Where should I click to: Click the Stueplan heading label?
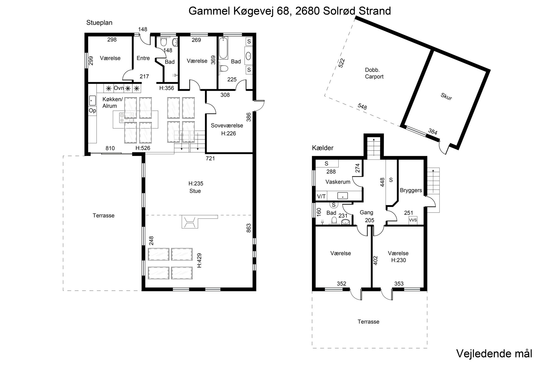coord(99,23)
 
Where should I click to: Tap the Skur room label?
coord(446,97)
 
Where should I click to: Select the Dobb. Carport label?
coord(374,73)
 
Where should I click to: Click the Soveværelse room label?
coord(227,125)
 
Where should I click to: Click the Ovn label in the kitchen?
coord(119,88)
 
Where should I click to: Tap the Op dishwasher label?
coord(92,111)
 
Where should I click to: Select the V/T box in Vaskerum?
coord(321,197)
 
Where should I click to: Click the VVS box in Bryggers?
coord(413,220)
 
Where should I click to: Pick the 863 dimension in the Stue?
coord(248,228)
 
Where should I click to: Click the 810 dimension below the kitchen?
coord(110,148)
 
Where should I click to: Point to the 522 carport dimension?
coord(342,63)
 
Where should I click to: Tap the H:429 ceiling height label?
coord(199,260)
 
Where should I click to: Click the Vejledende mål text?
coord(494,354)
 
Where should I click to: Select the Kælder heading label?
coord(323,148)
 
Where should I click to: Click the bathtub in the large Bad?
coord(223,48)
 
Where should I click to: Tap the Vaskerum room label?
coord(338,182)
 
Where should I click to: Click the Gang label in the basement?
coord(366,213)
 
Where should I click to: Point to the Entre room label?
coord(143,58)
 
